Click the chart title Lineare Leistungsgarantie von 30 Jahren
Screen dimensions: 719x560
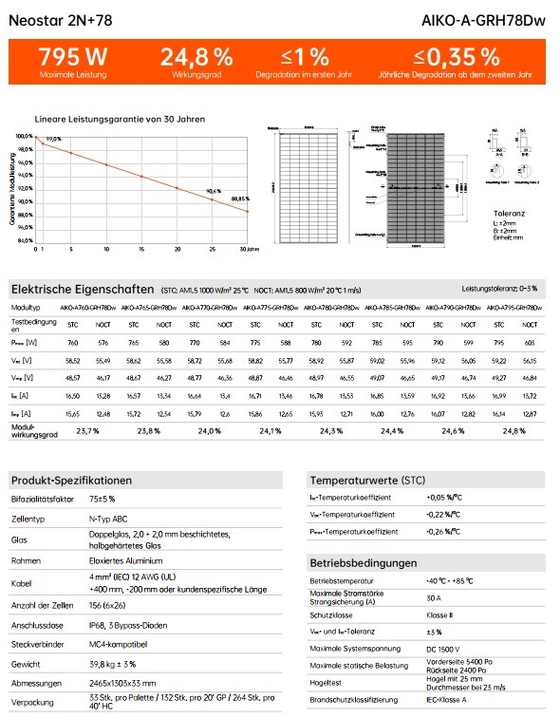click(x=120, y=120)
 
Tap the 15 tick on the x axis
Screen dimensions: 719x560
click(x=141, y=249)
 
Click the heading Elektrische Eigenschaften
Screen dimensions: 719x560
click(x=82, y=289)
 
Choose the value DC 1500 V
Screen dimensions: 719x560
click(x=443, y=649)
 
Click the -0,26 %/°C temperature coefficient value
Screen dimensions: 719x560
click(x=444, y=532)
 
